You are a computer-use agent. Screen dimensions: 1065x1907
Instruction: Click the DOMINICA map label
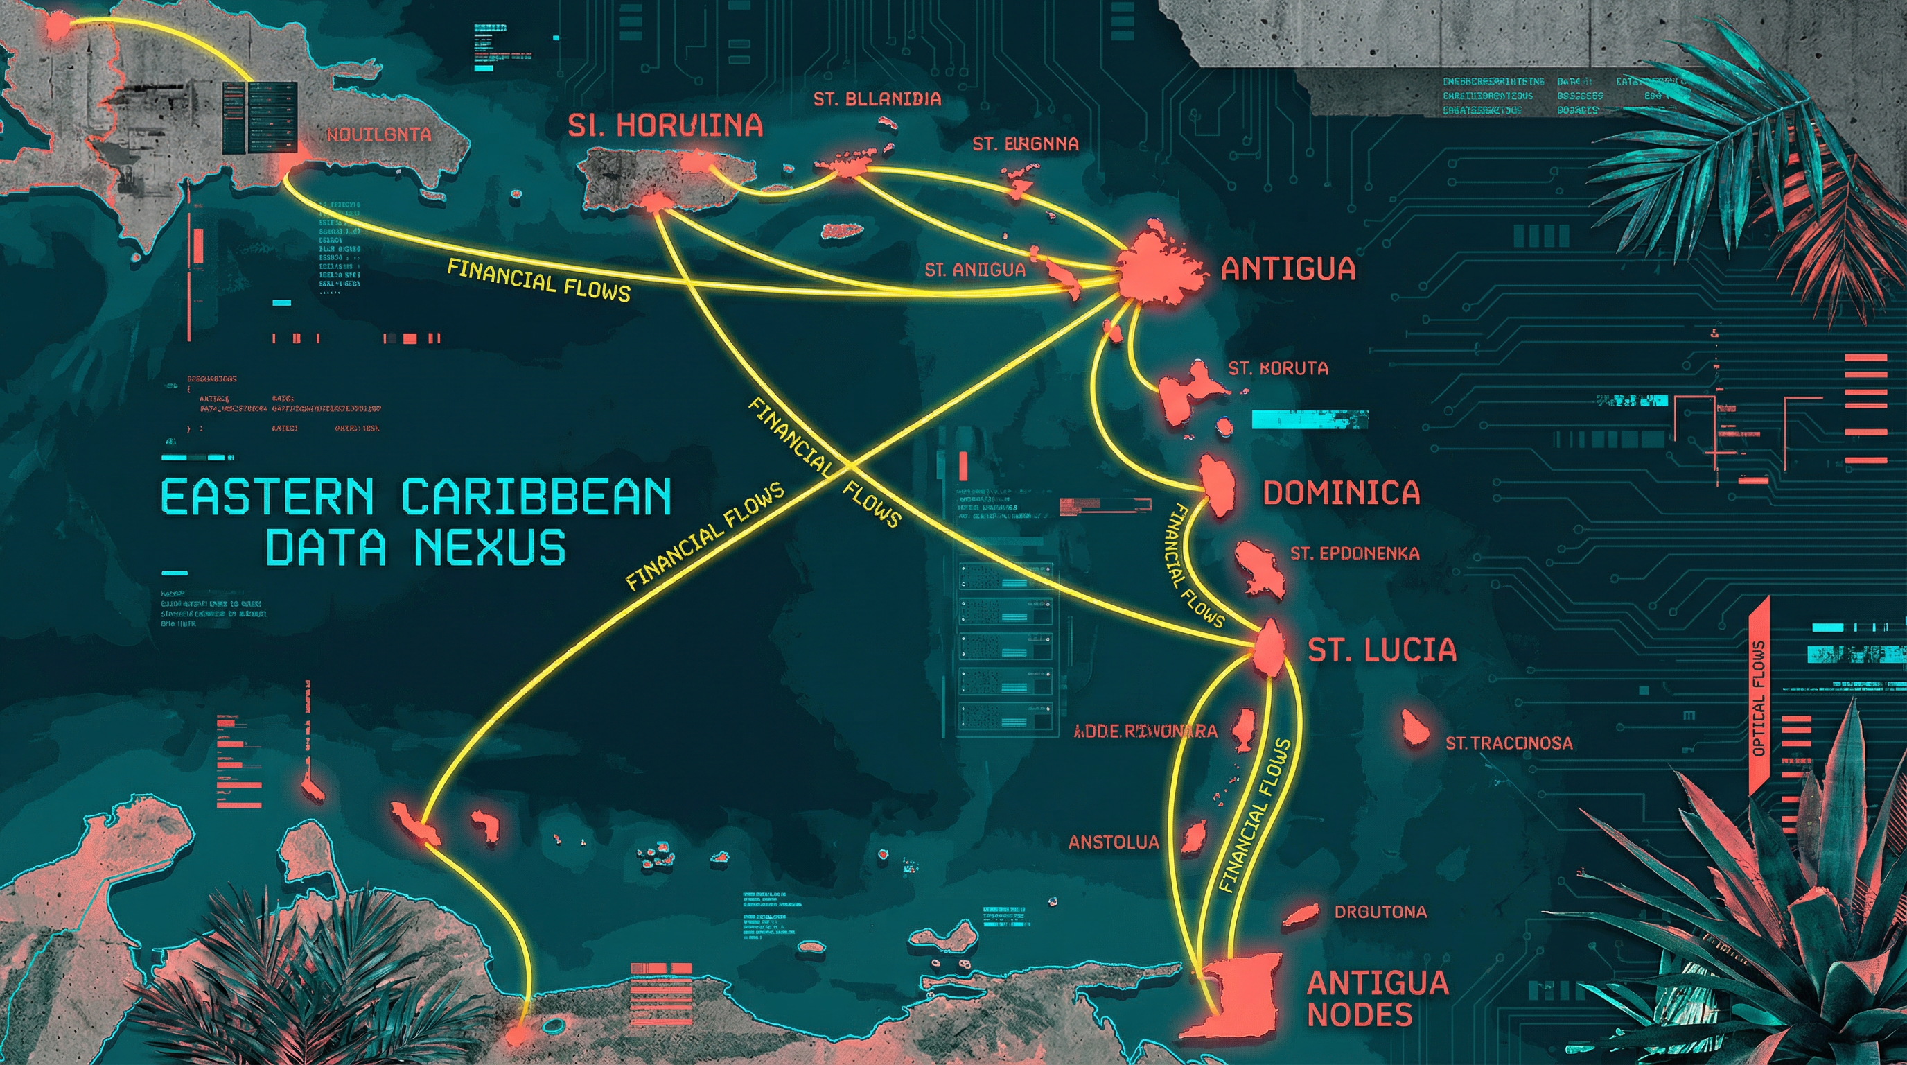point(1341,493)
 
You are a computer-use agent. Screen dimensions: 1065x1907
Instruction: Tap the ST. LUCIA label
point(1381,650)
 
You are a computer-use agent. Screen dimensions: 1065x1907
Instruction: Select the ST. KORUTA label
point(1278,368)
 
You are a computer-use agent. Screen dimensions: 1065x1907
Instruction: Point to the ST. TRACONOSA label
point(1509,743)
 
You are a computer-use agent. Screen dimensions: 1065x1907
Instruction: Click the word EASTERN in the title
point(267,497)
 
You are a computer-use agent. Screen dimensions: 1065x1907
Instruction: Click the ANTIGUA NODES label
point(1377,998)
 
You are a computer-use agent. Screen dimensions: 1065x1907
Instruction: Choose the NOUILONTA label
point(378,135)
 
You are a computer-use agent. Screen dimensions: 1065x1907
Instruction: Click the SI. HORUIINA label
point(665,126)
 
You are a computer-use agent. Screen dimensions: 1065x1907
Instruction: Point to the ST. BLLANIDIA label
point(877,99)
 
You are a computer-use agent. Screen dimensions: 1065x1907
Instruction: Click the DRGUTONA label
point(1380,912)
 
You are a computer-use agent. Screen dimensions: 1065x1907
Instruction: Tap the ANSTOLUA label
point(1114,842)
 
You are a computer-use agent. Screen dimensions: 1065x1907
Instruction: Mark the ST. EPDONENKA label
point(1354,553)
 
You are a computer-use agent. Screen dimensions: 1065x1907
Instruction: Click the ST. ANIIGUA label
point(975,270)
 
